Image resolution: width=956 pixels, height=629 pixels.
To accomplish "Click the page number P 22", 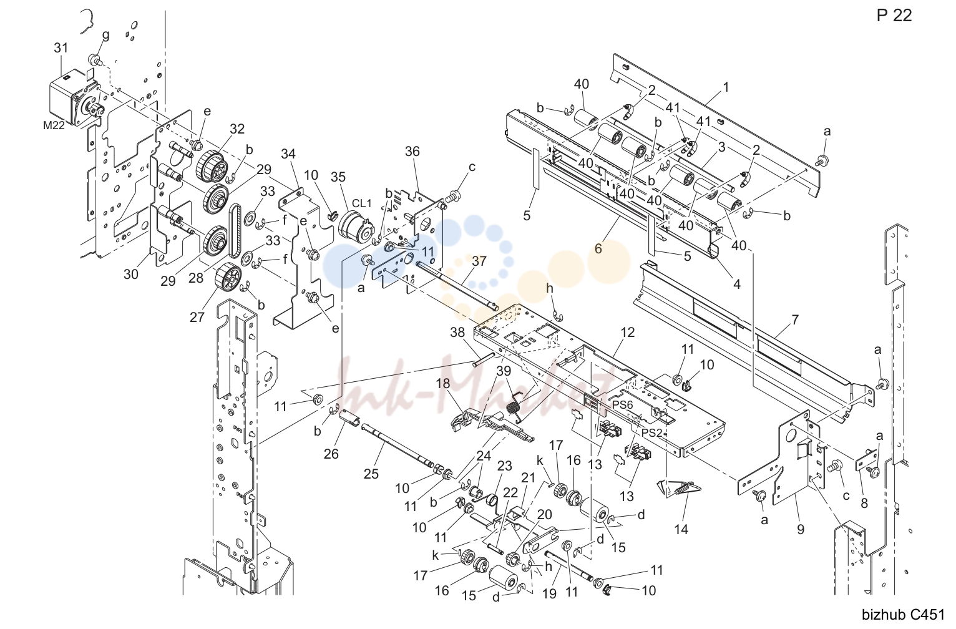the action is tap(894, 16).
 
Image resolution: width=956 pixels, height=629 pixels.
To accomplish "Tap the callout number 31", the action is tap(61, 48).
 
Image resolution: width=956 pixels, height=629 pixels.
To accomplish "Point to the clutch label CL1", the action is tap(362, 203).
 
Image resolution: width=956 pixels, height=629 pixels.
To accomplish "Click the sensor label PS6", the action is tap(623, 404).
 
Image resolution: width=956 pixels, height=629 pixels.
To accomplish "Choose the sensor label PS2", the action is tap(651, 432).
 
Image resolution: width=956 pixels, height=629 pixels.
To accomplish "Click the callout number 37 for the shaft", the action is tap(479, 261).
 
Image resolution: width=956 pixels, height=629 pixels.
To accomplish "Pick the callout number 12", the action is tap(628, 332).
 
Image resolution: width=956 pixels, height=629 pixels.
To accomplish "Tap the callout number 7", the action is tap(794, 319).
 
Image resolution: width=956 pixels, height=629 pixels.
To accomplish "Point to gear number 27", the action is tap(229, 277).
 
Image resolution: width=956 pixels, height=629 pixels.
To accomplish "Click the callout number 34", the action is tap(288, 154).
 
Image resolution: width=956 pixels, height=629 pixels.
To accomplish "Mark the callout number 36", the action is tap(412, 152).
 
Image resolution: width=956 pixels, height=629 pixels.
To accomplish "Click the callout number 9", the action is tap(801, 529).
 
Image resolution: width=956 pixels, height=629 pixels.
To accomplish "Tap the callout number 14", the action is tap(681, 529).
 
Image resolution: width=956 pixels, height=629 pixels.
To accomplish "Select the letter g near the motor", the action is tap(105, 36).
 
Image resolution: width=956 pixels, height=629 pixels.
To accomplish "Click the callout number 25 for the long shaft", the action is tap(371, 474).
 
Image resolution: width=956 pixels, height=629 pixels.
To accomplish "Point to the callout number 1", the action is tap(726, 87).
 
